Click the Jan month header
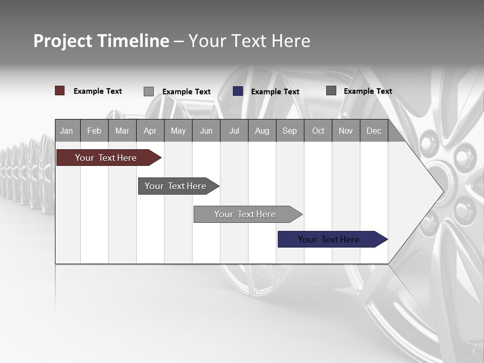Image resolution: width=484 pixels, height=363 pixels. (67, 131)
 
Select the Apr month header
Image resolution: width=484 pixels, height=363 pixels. (150, 131)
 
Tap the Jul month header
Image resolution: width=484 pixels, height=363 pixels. (234, 131)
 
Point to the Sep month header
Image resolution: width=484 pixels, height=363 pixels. (289, 131)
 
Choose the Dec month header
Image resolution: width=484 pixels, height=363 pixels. (374, 131)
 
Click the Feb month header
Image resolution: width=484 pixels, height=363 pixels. (94, 131)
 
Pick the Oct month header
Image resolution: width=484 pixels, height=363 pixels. (318, 131)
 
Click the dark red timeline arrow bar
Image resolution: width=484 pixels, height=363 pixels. (106, 158)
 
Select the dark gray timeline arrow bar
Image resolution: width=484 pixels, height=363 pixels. (175, 186)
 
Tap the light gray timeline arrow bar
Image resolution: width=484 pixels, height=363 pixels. (245, 214)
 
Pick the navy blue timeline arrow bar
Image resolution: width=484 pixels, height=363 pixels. (329, 239)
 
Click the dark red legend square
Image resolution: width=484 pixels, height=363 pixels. (59, 91)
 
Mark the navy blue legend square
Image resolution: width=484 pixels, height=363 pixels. (238, 91)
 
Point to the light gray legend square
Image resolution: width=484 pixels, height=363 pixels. (149, 91)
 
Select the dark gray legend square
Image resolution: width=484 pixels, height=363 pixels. (331, 91)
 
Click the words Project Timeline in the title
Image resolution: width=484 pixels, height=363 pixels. (101, 41)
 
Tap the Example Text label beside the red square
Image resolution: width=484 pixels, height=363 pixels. (98, 91)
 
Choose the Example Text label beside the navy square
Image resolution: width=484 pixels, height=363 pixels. (275, 92)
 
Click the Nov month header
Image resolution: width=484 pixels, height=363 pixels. (346, 131)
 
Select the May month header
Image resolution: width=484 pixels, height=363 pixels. (178, 131)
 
